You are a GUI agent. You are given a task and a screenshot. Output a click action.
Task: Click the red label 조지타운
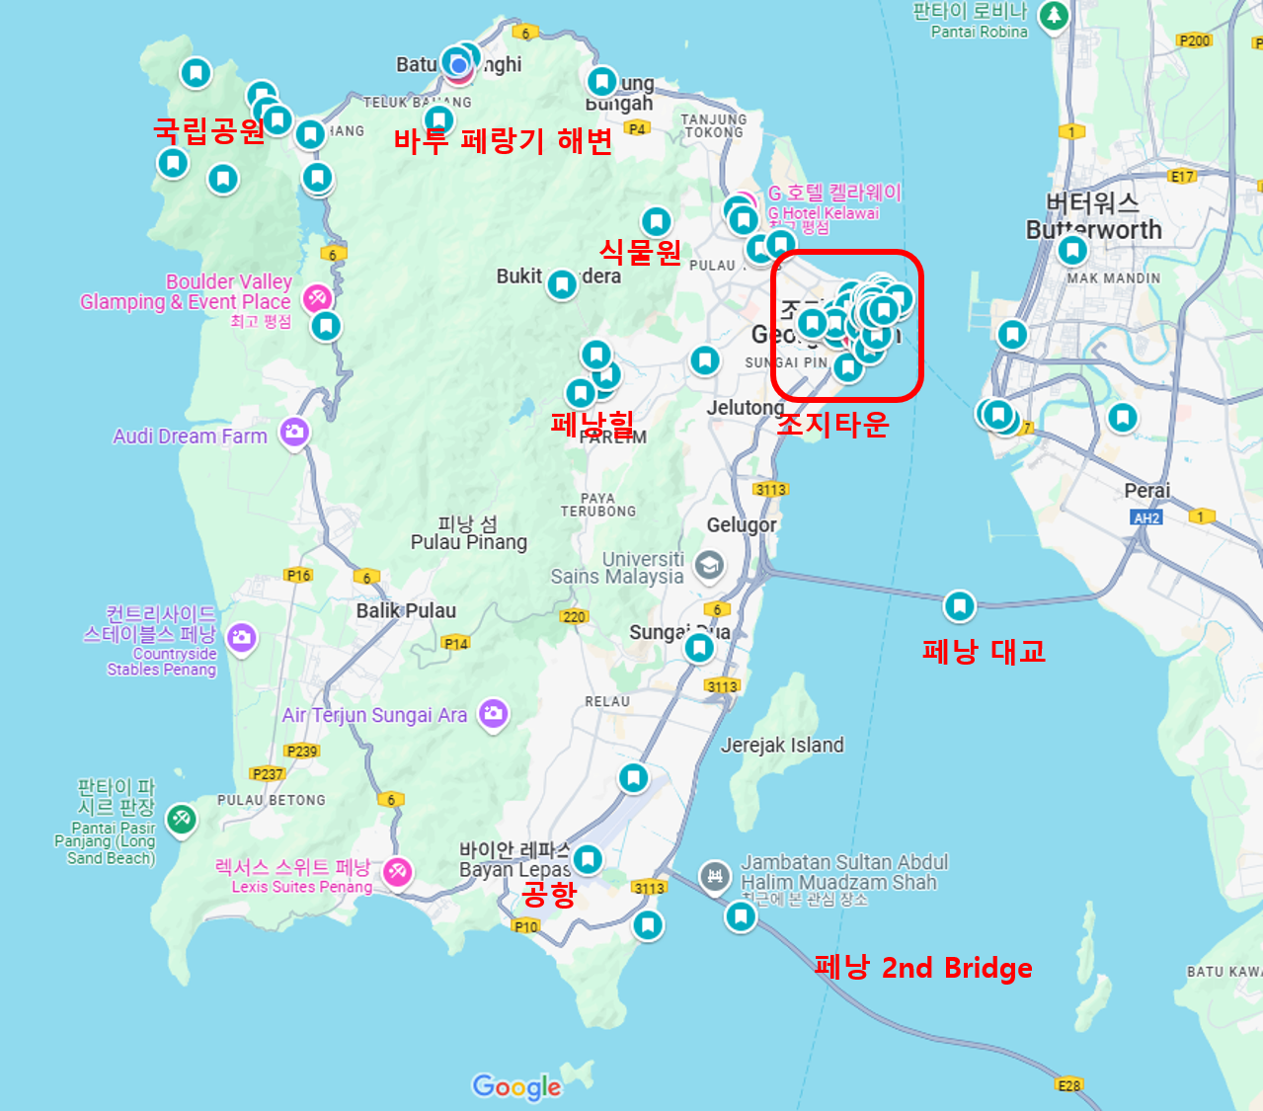[832, 424]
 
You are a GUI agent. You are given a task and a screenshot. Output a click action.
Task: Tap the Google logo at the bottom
[516, 1086]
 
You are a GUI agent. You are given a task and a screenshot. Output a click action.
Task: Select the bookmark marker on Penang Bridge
[959, 606]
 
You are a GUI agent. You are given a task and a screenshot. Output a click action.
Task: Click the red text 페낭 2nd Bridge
[923, 968]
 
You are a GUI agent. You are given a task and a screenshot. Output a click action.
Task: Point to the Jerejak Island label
[782, 746]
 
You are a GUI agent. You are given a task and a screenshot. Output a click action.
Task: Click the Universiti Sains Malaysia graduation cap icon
[709, 566]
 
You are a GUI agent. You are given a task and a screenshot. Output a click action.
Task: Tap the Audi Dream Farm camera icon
[293, 432]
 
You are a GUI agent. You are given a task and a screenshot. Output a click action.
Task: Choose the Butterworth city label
[1093, 229]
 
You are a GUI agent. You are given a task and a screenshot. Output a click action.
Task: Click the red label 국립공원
[209, 130]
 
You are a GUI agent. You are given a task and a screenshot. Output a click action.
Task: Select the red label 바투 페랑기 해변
[503, 141]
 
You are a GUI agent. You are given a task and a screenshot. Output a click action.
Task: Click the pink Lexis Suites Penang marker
[397, 872]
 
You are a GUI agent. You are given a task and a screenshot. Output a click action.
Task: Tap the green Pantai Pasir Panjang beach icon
[181, 819]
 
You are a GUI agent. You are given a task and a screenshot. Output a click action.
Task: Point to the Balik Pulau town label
[406, 611]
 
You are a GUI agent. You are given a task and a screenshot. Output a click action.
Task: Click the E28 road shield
[1069, 1084]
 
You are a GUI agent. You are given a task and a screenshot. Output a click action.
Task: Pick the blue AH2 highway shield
[1145, 517]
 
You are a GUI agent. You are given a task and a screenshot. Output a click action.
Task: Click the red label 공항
[548, 895]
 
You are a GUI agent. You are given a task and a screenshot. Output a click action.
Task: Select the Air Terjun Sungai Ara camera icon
[493, 713]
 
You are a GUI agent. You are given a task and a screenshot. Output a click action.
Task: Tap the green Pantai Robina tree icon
[1055, 15]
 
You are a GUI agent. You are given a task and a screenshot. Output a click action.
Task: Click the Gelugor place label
[742, 525]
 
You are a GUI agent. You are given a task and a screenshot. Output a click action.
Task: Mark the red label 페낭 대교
[983, 652]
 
